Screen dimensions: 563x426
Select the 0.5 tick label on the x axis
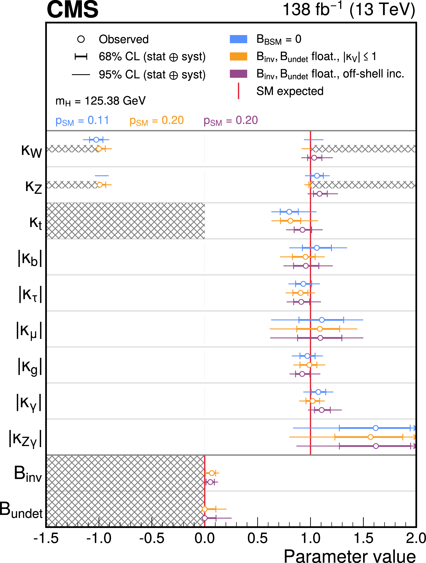(x=257, y=539)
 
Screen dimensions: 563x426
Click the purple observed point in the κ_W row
(x=314, y=158)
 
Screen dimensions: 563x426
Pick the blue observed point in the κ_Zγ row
(x=376, y=428)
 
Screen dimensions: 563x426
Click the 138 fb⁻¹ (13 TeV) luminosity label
(x=349, y=10)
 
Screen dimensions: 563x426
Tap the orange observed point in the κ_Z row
(x=100, y=185)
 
